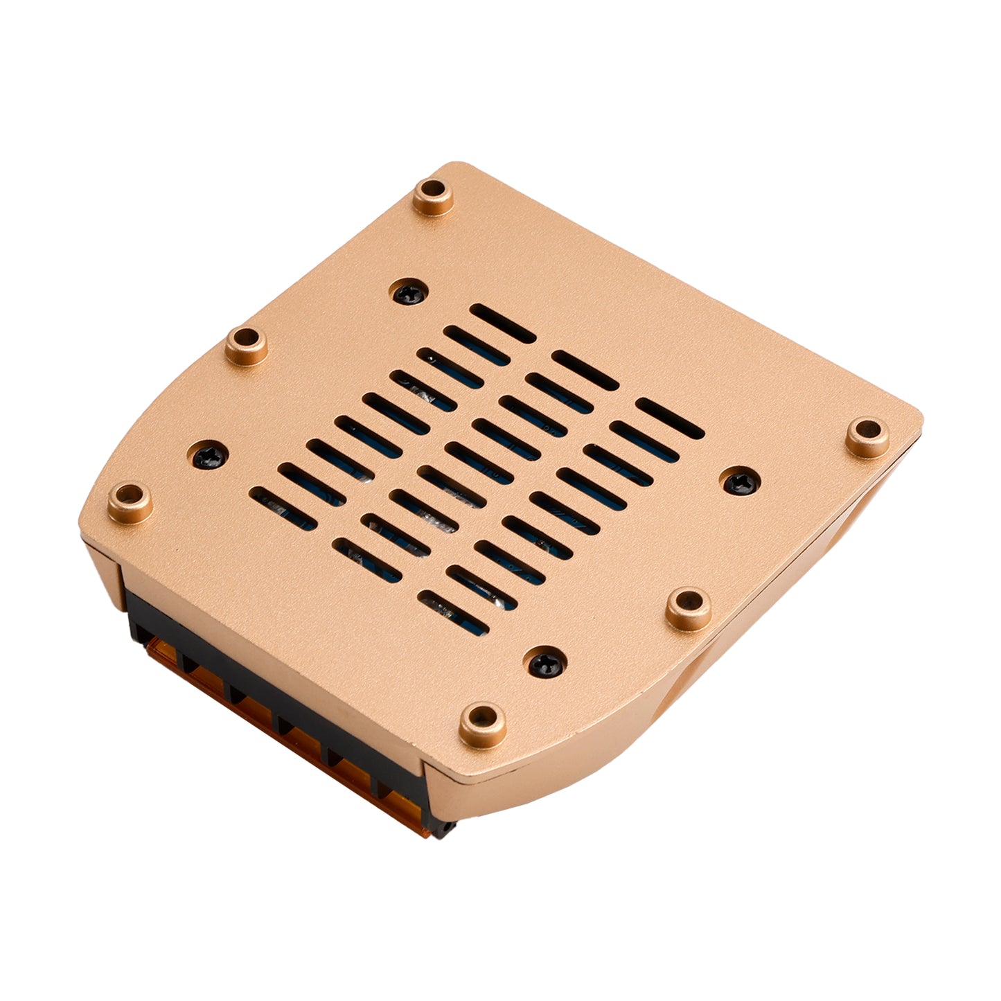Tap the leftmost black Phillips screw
(x=209, y=454)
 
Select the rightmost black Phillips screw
(x=741, y=480)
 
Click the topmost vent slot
(x=503, y=323)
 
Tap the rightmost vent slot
(x=669, y=418)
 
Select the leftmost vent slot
(x=283, y=508)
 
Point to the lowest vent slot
(x=454, y=612)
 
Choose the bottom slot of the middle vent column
(x=367, y=559)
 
